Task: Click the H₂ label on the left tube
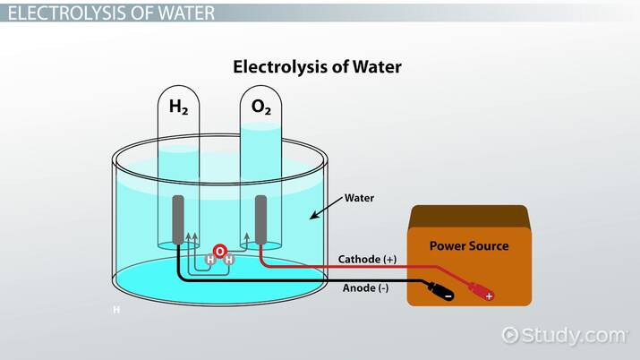(x=179, y=107)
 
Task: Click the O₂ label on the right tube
(x=260, y=107)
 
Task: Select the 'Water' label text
(x=360, y=198)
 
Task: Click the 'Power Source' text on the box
(x=468, y=245)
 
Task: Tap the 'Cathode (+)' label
(x=367, y=260)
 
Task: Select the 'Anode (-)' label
(x=364, y=288)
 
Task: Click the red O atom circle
(x=219, y=252)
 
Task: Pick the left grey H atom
(x=210, y=261)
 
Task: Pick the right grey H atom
(x=228, y=261)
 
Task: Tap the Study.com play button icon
(x=510, y=335)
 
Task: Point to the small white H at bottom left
(x=115, y=311)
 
